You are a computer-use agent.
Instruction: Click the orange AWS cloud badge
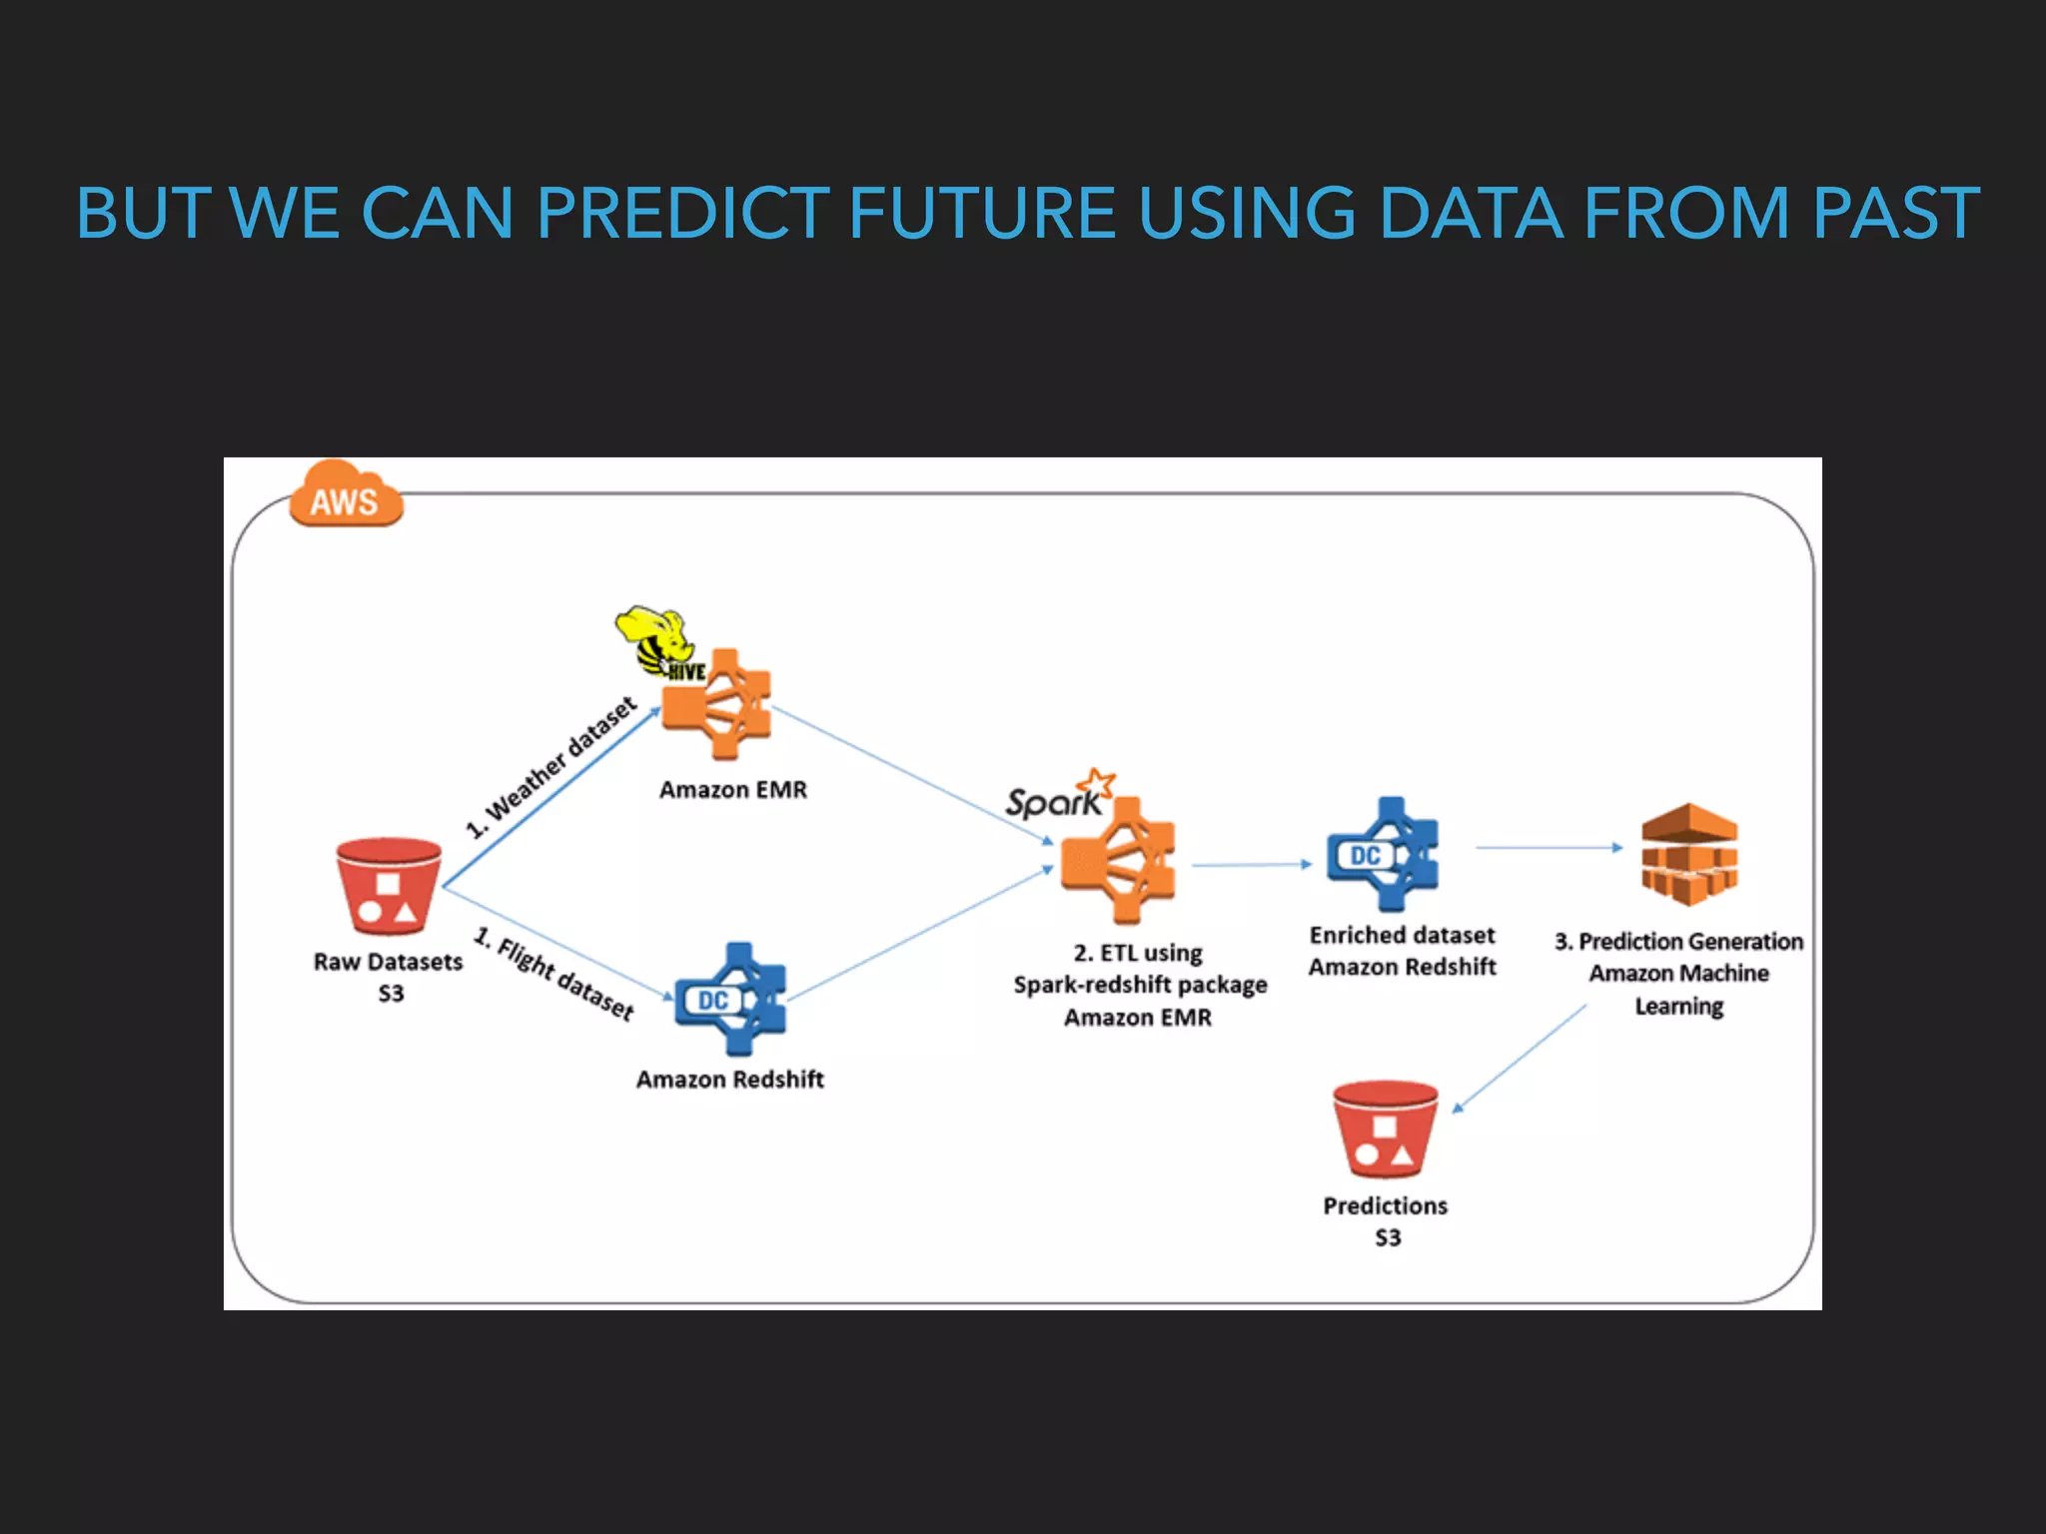click(x=345, y=496)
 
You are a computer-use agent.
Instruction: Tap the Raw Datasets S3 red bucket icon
click(x=389, y=886)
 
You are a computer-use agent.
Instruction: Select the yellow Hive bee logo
click(x=654, y=639)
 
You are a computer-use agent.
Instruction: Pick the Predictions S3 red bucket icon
click(x=1385, y=1130)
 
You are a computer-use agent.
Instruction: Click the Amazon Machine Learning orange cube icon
click(x=1689, y=855)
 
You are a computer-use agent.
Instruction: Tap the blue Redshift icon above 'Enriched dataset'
click(x=1384, y=855)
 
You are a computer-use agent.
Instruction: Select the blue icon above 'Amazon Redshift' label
click(x=731, y=999)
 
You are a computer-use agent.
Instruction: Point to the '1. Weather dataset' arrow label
click(x=551, y=767)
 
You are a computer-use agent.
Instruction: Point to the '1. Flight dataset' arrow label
click(x=553, y=974)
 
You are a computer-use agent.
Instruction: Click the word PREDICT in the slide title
click(x=682, y=214)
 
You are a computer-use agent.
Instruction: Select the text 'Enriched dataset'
click(x=1402, y=936)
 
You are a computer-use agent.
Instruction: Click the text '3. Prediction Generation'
click(x=1678, y=942)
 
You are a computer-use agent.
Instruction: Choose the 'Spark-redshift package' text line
click(x=1140, y=985)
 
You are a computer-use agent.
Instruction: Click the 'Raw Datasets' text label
click(x=388, y=962)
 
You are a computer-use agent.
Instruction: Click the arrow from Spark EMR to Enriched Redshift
click(x=1252, y=865)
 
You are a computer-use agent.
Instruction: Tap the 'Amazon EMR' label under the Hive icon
click(x=732, y=790)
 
